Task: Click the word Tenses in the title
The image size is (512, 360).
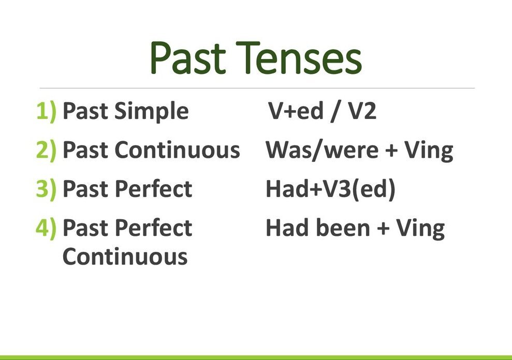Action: (299, 58)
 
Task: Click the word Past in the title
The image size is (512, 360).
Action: (188, 58)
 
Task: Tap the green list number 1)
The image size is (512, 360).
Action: (46, 112)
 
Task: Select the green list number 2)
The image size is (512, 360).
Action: (46, 151)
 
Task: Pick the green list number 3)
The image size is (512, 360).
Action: (46, 189)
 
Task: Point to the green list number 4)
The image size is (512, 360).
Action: (46, 228)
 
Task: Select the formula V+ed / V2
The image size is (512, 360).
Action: (322, 111)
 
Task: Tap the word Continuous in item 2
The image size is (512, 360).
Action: (177, 150)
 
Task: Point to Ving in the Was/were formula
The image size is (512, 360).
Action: (429, 151)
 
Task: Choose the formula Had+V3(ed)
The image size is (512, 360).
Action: (330, 189)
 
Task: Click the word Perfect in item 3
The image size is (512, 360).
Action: (153, 189)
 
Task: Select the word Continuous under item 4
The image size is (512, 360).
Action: (125, 257)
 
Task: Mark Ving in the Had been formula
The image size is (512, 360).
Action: (420, 229)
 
